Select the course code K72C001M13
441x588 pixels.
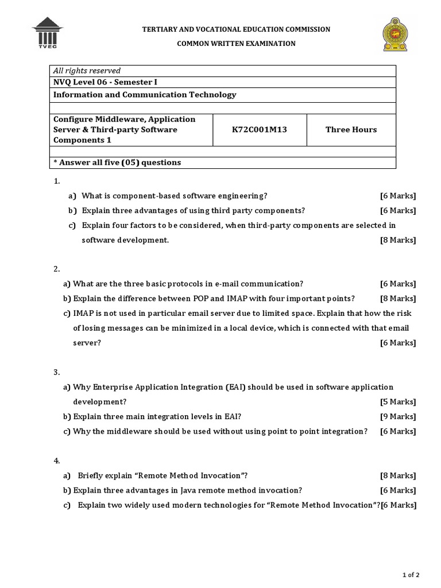(259, 130)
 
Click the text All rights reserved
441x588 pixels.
(87, 71)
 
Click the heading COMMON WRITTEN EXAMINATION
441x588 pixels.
(236, 44)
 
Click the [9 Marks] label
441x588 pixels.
(398, 417)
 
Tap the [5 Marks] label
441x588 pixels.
(398, 402)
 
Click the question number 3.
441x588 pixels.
(57, 373)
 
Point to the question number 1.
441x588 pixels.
(57, 181)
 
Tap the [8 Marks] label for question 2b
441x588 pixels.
(398, 299)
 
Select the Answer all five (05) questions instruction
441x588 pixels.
(117, 163)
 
